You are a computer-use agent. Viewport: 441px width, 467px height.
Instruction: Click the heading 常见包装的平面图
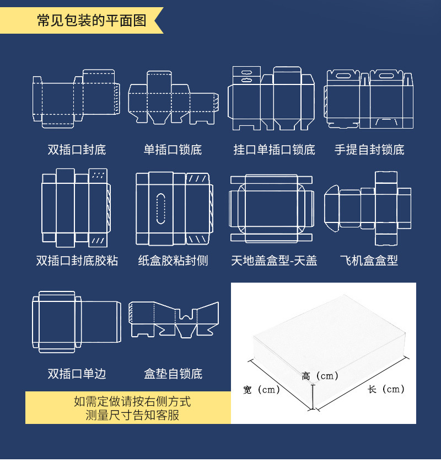coord(92,22)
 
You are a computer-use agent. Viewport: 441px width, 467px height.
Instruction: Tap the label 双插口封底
coord(77,150)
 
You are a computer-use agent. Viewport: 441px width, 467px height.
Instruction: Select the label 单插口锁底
coord(173,150)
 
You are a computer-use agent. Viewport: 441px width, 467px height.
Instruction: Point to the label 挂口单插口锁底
coord(274,150)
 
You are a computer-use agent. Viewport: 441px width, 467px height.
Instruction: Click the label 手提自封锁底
coord(369,150)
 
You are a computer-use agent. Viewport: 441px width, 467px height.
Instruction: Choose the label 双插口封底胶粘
coord(77,261)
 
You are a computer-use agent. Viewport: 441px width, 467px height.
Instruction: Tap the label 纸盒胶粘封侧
coord(173,261)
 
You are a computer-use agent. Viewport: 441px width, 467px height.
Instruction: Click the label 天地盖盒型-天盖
coord(274,261)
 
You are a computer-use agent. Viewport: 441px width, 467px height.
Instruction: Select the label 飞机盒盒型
coord(369,261)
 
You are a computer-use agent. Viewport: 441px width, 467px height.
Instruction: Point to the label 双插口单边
coord(77,374)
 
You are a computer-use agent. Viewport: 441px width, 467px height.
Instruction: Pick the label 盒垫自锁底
coord(173,374)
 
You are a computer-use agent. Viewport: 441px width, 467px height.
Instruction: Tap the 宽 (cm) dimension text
coord(262,390)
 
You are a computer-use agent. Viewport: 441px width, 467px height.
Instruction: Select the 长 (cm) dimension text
coord(386,389)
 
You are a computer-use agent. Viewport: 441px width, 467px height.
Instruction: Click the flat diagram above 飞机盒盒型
coord(368,209)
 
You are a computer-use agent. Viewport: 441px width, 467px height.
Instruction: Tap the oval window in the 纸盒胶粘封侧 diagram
coord(161,209)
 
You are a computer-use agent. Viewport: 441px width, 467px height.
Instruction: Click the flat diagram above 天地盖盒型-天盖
coord(271,209)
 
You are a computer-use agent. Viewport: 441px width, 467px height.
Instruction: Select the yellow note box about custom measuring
coord(128,408)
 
